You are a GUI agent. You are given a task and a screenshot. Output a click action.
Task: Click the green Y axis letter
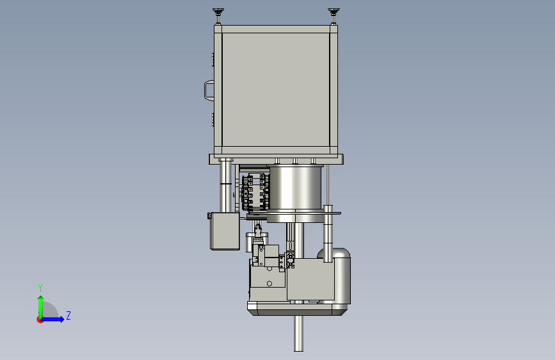[40, 288]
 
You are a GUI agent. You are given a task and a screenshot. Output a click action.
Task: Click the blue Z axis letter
[68, 315]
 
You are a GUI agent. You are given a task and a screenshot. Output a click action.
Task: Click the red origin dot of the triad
[40, 320]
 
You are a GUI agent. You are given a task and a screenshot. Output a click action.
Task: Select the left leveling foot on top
[218, 15]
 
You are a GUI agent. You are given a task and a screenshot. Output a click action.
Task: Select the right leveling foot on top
[334, 15]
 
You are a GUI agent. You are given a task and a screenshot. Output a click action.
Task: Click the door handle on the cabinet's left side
[209, 91]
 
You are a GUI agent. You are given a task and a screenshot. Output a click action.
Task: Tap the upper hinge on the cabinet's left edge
[213, 60]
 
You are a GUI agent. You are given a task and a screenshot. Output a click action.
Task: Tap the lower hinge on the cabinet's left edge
[213, 119]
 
